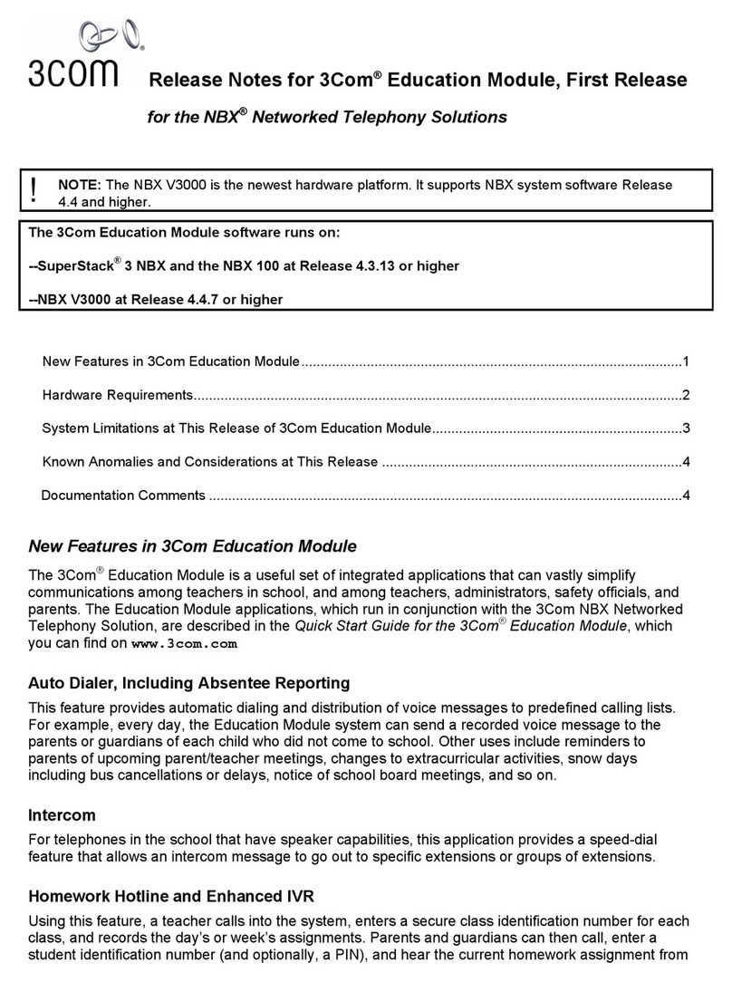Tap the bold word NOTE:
pos(79,185)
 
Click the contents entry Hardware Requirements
pos(118,395)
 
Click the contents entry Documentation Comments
pos(123,496)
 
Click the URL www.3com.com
pos(185,645)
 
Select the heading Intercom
pos(63,815)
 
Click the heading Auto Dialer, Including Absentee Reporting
pos(189,683)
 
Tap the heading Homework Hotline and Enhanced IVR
pos(171,897)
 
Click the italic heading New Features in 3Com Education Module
pos(193,546)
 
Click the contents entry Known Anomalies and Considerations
pos(209,462)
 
